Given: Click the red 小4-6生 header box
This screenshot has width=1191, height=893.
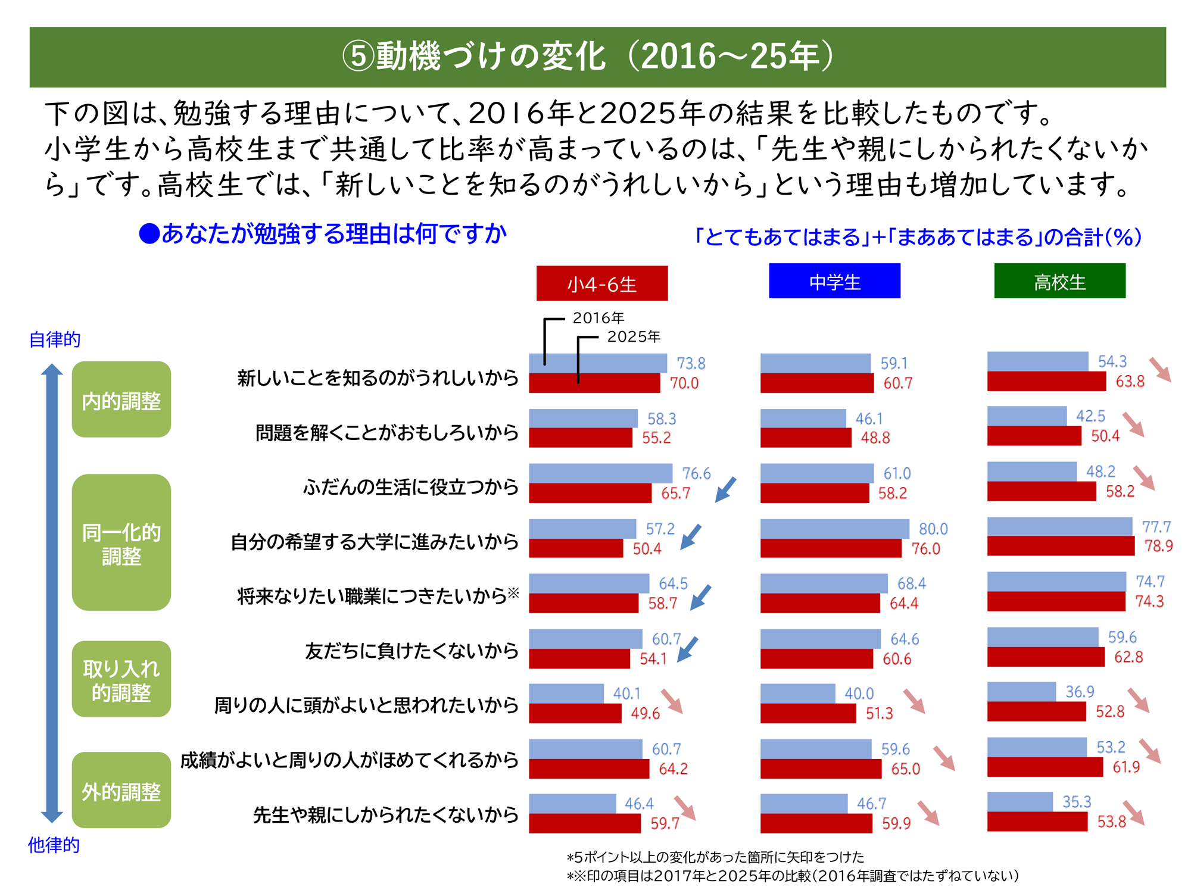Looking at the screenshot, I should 601,283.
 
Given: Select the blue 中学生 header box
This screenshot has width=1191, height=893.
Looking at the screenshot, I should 834,281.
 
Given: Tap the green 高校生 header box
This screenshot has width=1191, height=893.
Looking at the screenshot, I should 1059,281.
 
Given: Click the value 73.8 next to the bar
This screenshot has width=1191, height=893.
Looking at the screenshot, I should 691,363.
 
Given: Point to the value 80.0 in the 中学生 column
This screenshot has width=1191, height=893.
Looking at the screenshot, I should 933,529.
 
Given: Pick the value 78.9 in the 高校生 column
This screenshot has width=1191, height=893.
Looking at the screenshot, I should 1158,546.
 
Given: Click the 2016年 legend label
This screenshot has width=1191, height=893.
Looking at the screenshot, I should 598,318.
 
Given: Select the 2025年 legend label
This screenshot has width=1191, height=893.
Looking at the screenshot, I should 633,336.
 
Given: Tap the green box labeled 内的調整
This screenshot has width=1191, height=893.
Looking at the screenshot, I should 121,399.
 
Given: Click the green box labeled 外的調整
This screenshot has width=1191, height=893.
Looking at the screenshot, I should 121,790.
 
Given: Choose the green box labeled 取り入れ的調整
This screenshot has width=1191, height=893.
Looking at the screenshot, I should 121,679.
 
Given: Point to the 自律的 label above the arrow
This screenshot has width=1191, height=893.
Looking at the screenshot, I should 55,339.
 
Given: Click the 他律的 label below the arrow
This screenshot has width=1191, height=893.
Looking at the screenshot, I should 54,845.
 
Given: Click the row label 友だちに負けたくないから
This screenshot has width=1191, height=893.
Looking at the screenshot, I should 411,651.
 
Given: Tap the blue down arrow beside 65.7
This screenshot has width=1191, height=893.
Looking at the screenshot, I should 725,489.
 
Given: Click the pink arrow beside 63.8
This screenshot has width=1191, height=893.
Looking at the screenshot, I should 1160,370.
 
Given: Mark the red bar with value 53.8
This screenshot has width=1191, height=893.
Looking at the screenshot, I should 1037,822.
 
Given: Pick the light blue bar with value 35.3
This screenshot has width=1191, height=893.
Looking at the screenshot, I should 1019,801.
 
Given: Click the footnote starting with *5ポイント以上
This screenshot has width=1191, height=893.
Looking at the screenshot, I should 715,857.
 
